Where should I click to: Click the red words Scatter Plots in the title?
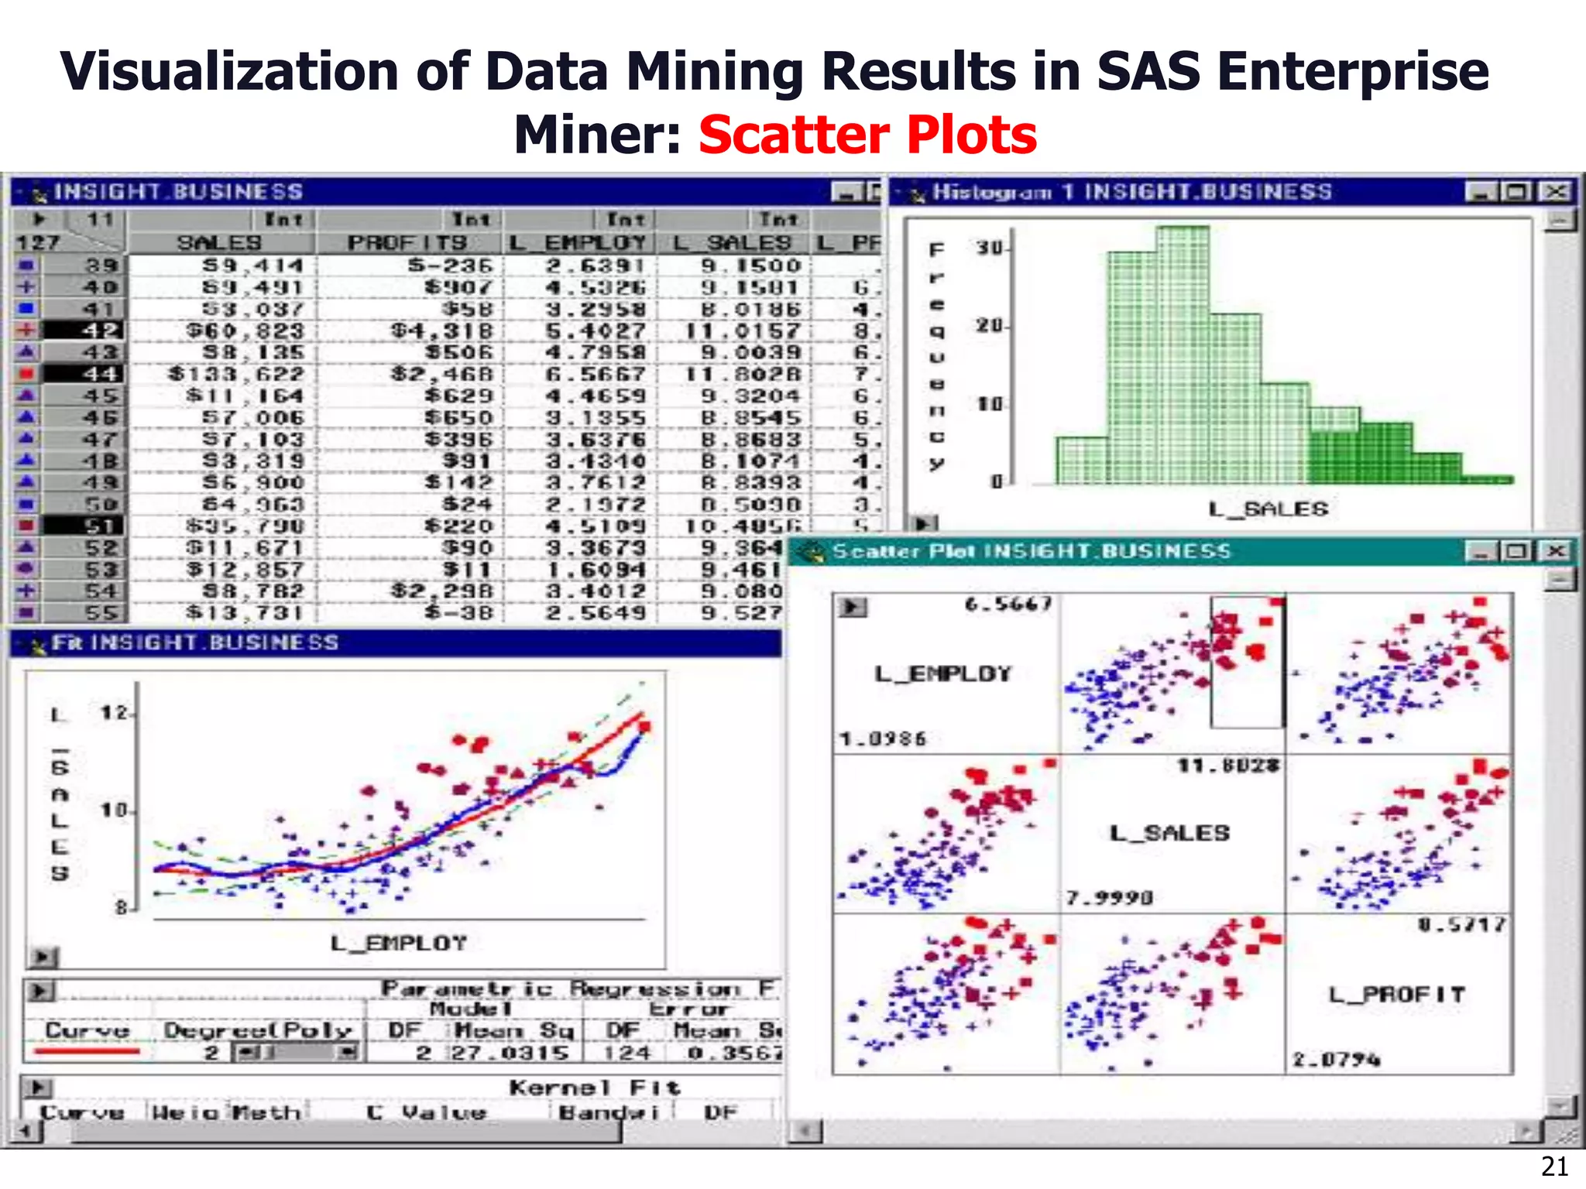pyautogui.click(x=867, y=135)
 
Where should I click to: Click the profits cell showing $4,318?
pyautogui.click(x=441, y=331)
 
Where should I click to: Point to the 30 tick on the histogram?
pyautogui.click(x=989, y=248)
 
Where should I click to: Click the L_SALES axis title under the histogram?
pyautogui.click(x=1268, y=509)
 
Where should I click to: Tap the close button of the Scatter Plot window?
pyautogui.click(x=1555, y=550)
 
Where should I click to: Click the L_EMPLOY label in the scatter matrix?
pyautogui.click(x=942, y=674)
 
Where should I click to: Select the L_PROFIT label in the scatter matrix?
pyautogui.click(x=1397, y=994)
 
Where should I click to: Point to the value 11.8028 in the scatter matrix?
pyautogui.click(x=1228, y=766)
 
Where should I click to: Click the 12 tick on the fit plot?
pyautogui.click(x=114, y=712)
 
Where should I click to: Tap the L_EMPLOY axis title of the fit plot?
pyautogui.click(x=398, y=943)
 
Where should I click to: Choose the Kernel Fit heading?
pyautogui.click(x=594, y=1088)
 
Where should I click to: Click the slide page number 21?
pyautogui.click(x=1554, y=1166)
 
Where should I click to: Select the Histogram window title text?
pyautogui.click(x=1131, y=191)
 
